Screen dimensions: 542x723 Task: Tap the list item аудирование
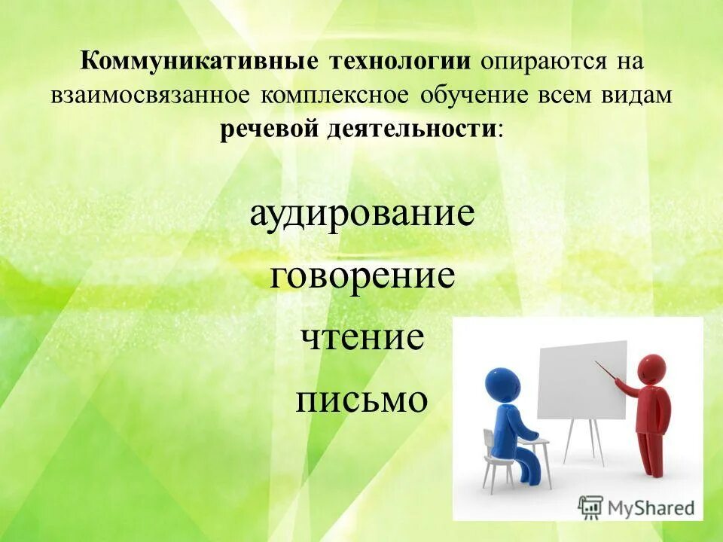coord(362,213)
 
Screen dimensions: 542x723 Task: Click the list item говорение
coord(362,276)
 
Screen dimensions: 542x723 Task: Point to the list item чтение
coord(362,337)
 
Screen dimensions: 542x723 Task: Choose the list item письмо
coord(362,399)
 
